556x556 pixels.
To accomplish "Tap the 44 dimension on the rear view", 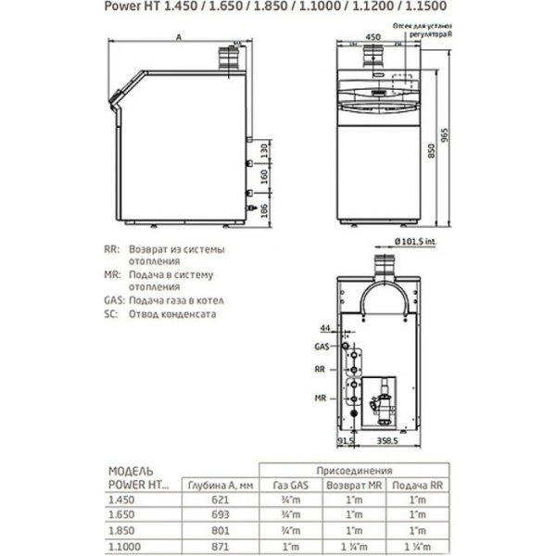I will click(323, 329).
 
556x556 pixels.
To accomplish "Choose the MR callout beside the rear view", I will click(319, 397).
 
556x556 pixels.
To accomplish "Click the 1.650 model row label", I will click(122, 514).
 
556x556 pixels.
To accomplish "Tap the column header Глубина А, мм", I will click(217, 483).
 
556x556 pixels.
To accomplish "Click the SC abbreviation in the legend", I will click(112, 314).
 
